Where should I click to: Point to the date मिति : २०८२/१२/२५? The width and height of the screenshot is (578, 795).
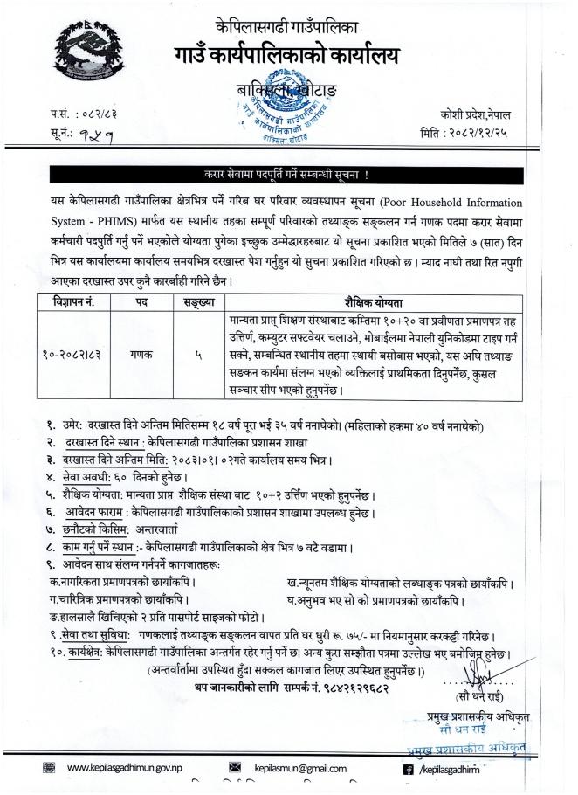point(476,132)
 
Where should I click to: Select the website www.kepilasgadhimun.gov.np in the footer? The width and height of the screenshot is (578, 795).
point(123,769)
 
